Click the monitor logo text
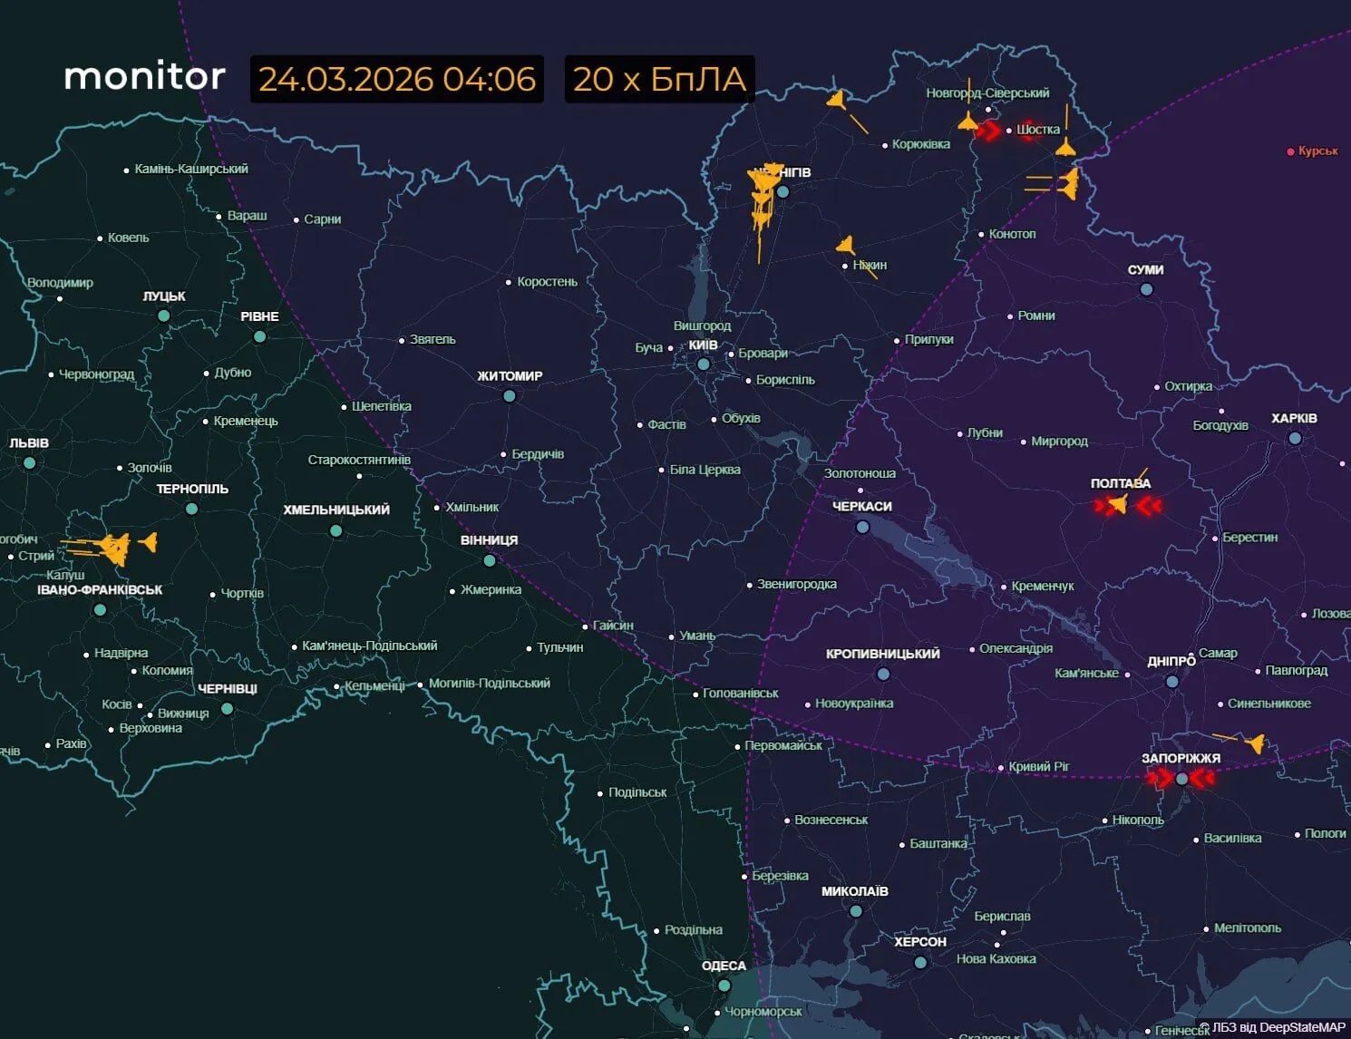coord(144,76)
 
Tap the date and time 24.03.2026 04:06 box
coord(397,79)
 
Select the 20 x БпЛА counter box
coord(659,79)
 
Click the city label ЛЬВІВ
coord(29,443)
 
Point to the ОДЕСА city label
coord(724,966)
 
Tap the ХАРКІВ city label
coord(1294,418)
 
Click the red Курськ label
coord(1317,151)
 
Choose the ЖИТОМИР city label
coord(510,375)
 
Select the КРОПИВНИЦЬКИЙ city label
coord(882,654)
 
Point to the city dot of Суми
coord(1146,289)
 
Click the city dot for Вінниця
coord(490,560)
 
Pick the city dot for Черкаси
coord(862,527)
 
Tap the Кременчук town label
coord(1042,587)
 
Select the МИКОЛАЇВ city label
coord(854,891)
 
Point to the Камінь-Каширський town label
coord(190,169)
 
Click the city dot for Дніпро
coord(1172,681)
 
